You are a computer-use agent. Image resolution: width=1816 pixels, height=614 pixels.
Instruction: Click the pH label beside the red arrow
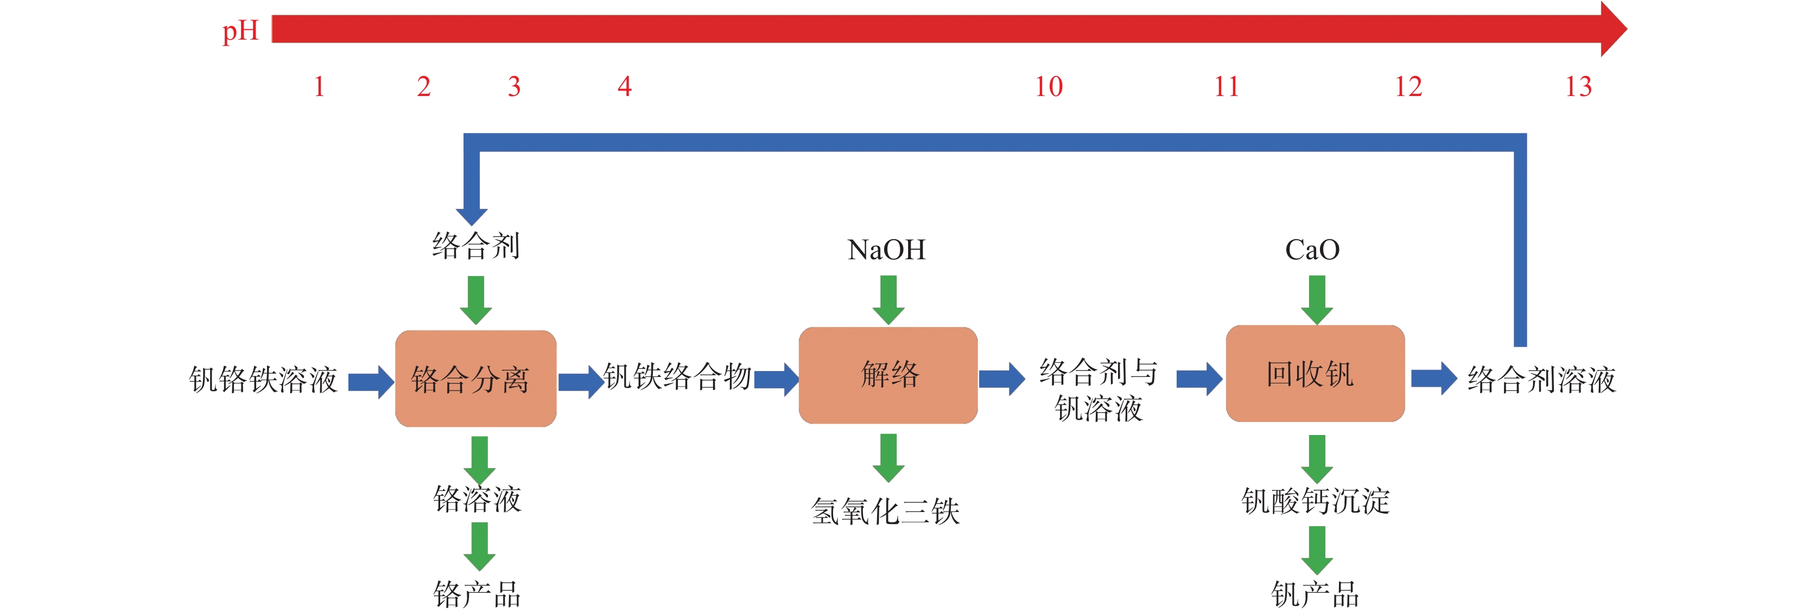coord(240,31)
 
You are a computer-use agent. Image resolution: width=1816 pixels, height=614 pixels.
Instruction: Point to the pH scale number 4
coord(624,87)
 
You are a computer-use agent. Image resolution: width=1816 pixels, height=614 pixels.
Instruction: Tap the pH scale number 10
coord(1048,87)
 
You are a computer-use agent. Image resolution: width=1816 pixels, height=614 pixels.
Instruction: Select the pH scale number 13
coord(1578,87)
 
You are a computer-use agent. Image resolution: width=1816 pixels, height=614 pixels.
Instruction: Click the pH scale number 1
coord(319,87)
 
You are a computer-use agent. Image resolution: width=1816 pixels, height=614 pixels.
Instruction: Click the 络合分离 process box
coord(476,379)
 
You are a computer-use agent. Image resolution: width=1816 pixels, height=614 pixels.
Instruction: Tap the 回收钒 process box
coord(1315,374)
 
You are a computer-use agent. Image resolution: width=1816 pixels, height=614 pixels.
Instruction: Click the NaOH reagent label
coord(886,250)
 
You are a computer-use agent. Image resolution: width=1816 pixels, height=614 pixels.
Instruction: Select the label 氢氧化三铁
coord(885,511)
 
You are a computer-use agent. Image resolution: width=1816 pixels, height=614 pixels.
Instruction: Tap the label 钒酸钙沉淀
coord(1315,501)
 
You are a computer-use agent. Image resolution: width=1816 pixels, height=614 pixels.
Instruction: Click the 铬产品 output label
coord(477,594)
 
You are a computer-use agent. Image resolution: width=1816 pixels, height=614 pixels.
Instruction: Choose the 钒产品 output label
coord(1315,594)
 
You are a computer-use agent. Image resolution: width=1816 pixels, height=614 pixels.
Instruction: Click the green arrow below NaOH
coord(888,299)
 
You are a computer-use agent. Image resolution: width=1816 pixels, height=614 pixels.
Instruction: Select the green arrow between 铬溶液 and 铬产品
coord(479,546)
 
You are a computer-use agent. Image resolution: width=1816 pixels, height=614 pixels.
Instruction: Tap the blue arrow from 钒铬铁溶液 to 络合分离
coord(371,382)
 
